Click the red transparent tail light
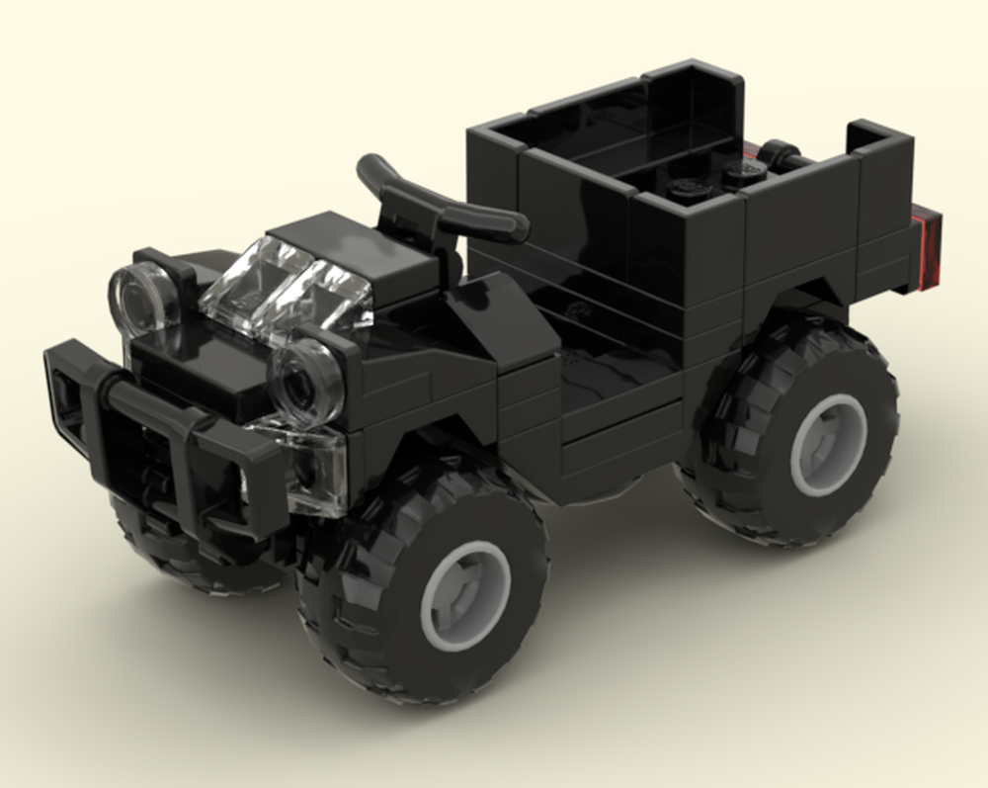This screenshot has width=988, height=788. [930, 247]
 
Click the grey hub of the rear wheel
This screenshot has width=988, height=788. [828, 445]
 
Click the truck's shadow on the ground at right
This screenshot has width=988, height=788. [889, 554]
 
